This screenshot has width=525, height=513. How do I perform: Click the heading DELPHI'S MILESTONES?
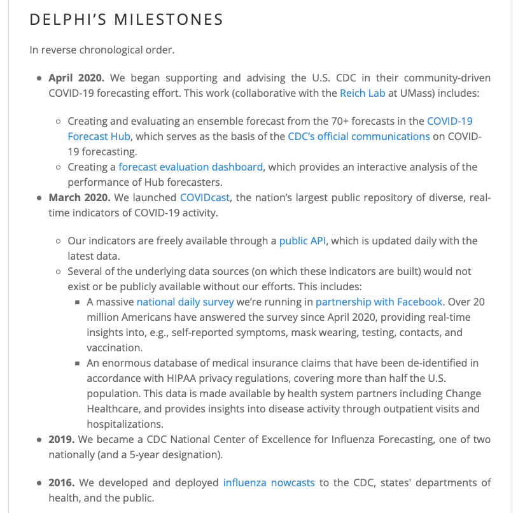tap(127, 20)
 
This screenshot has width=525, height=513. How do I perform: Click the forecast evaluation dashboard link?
tap(190, 167)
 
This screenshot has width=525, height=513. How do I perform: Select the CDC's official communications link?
tap(359, 136)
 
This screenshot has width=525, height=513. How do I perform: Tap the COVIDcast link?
tap(204, 197)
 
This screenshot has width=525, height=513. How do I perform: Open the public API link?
tap(304, 241)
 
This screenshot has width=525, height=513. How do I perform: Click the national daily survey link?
tap(185, 302)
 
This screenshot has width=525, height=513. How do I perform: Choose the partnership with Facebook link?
tap(379, 302)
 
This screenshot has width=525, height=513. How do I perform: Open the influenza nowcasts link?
tap(269, 482)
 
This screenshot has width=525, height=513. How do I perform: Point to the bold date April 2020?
tap(76, 78)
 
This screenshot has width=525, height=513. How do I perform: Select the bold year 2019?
tap(62, 439)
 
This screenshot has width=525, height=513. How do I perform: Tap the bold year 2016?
tap(62, 482)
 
